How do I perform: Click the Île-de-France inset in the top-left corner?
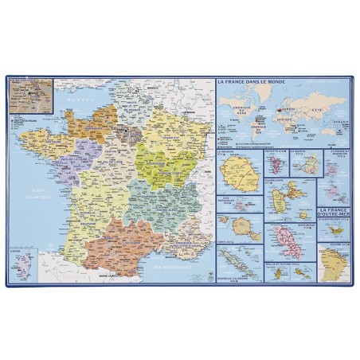click(30, 94)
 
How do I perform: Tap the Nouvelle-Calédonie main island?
click(244, 256)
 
